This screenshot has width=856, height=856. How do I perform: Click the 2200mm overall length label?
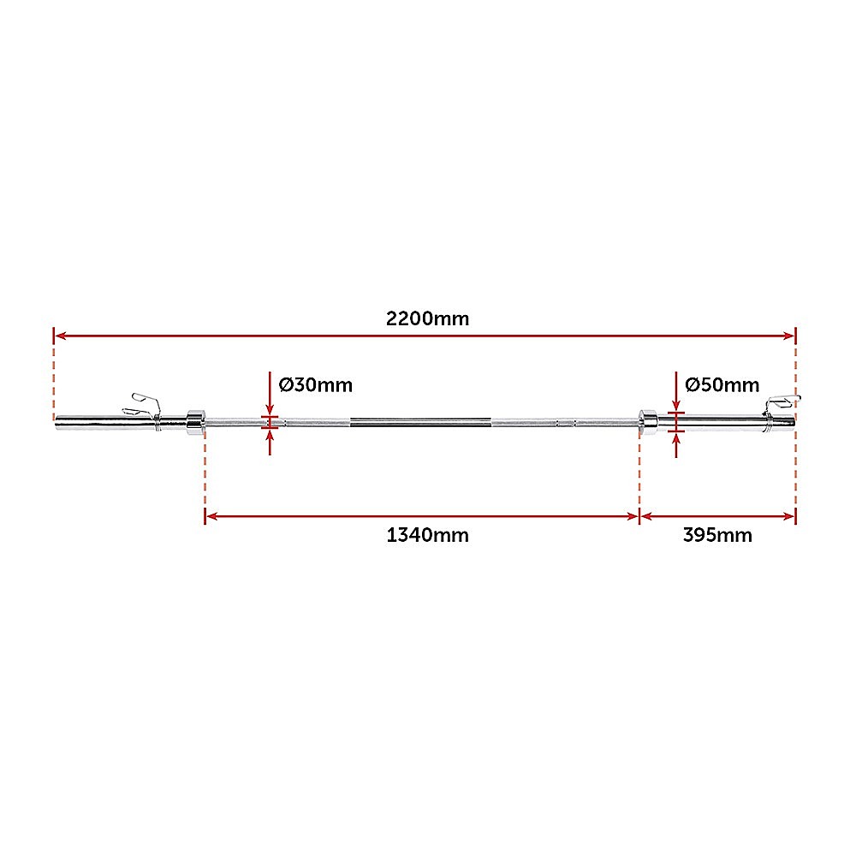(x=427, y=319)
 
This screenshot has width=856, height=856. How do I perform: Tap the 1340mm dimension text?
(x=427, y=536)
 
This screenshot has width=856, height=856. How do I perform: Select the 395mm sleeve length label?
(x=717, y=536)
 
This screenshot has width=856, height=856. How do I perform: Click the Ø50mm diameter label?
(x=722, y=384)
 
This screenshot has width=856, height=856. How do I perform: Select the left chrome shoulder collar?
(x=194, y=420)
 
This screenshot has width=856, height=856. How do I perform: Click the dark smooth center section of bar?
(x=419, y=421)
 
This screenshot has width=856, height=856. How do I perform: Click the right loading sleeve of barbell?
(x=719, y=421)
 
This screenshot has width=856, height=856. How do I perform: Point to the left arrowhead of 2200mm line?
(x=60, y=336)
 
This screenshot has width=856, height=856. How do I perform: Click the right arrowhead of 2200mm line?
(x=790, y=336)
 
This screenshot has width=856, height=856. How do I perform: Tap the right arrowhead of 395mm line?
(x=790, y=516)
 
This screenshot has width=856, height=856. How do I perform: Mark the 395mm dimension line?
(x=717, y=516)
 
